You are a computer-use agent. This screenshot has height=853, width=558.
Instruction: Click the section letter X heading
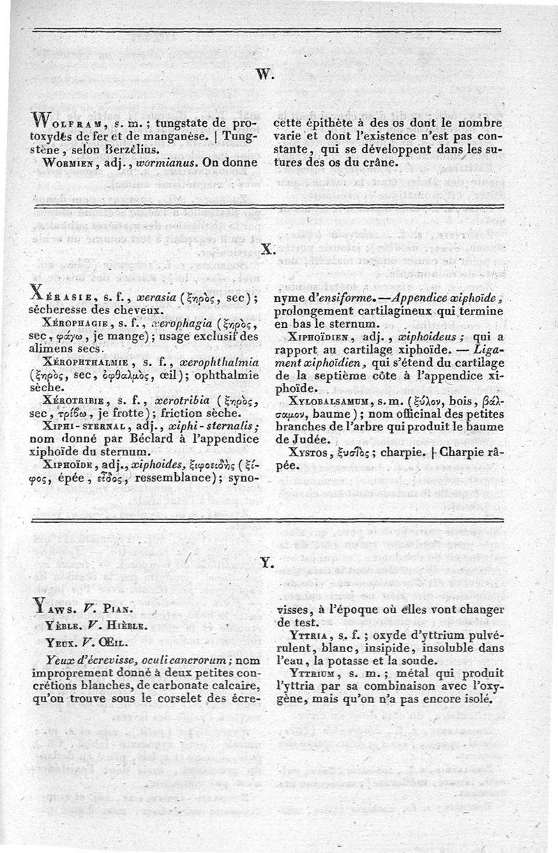(269, 248)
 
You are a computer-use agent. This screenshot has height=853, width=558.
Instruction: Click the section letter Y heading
(265, 561)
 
